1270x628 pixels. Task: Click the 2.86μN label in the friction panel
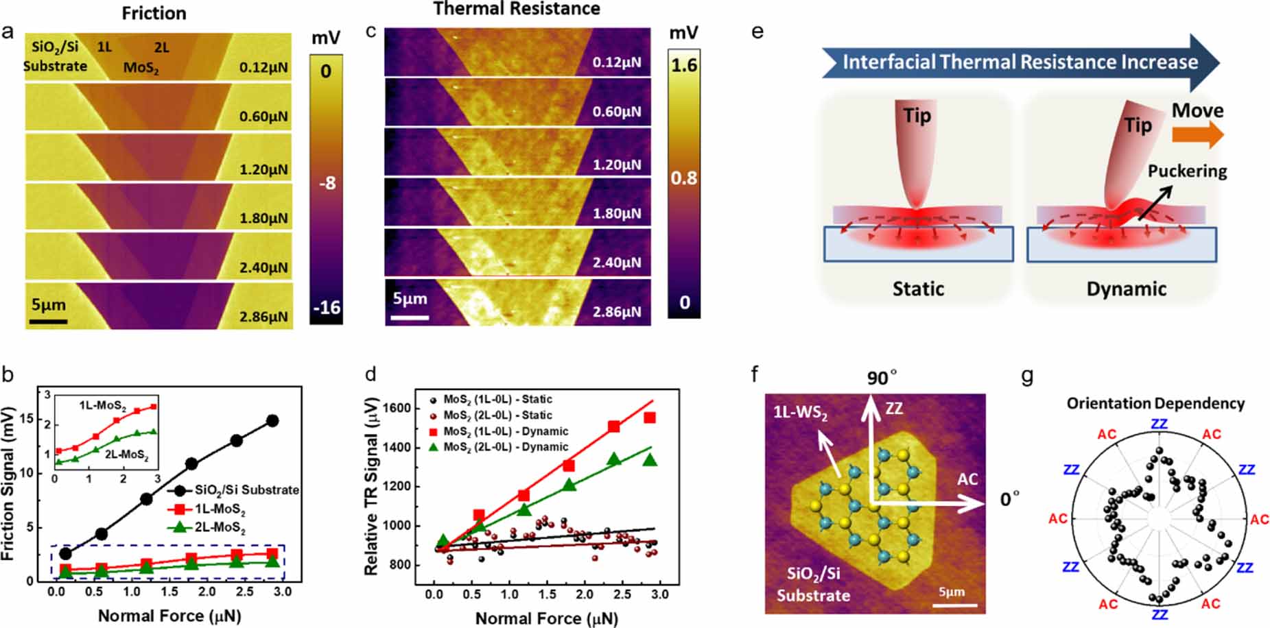click(263, 317)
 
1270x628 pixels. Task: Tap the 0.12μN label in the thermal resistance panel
click(617, 62)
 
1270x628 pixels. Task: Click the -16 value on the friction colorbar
click(326, 307)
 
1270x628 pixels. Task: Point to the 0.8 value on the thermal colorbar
click(683, 178)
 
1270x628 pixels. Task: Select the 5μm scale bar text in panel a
click(49, 304)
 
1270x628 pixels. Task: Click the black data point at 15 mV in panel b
click(272, 421)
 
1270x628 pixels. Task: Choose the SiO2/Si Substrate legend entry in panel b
click(246, 490)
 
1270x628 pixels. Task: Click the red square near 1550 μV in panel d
click(650, 418)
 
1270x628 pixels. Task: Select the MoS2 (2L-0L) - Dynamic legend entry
click(506, 447)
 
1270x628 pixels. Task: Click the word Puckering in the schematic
click(1187, 171)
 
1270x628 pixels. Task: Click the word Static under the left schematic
click(918, 289)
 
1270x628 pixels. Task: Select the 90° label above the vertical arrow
click(881, 378)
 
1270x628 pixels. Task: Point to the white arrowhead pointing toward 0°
click(974, 505)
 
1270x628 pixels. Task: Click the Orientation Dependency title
click(1155, 403)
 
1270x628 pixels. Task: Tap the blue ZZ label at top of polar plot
click(1159, 424)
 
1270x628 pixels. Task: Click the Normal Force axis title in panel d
click(546, 618)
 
